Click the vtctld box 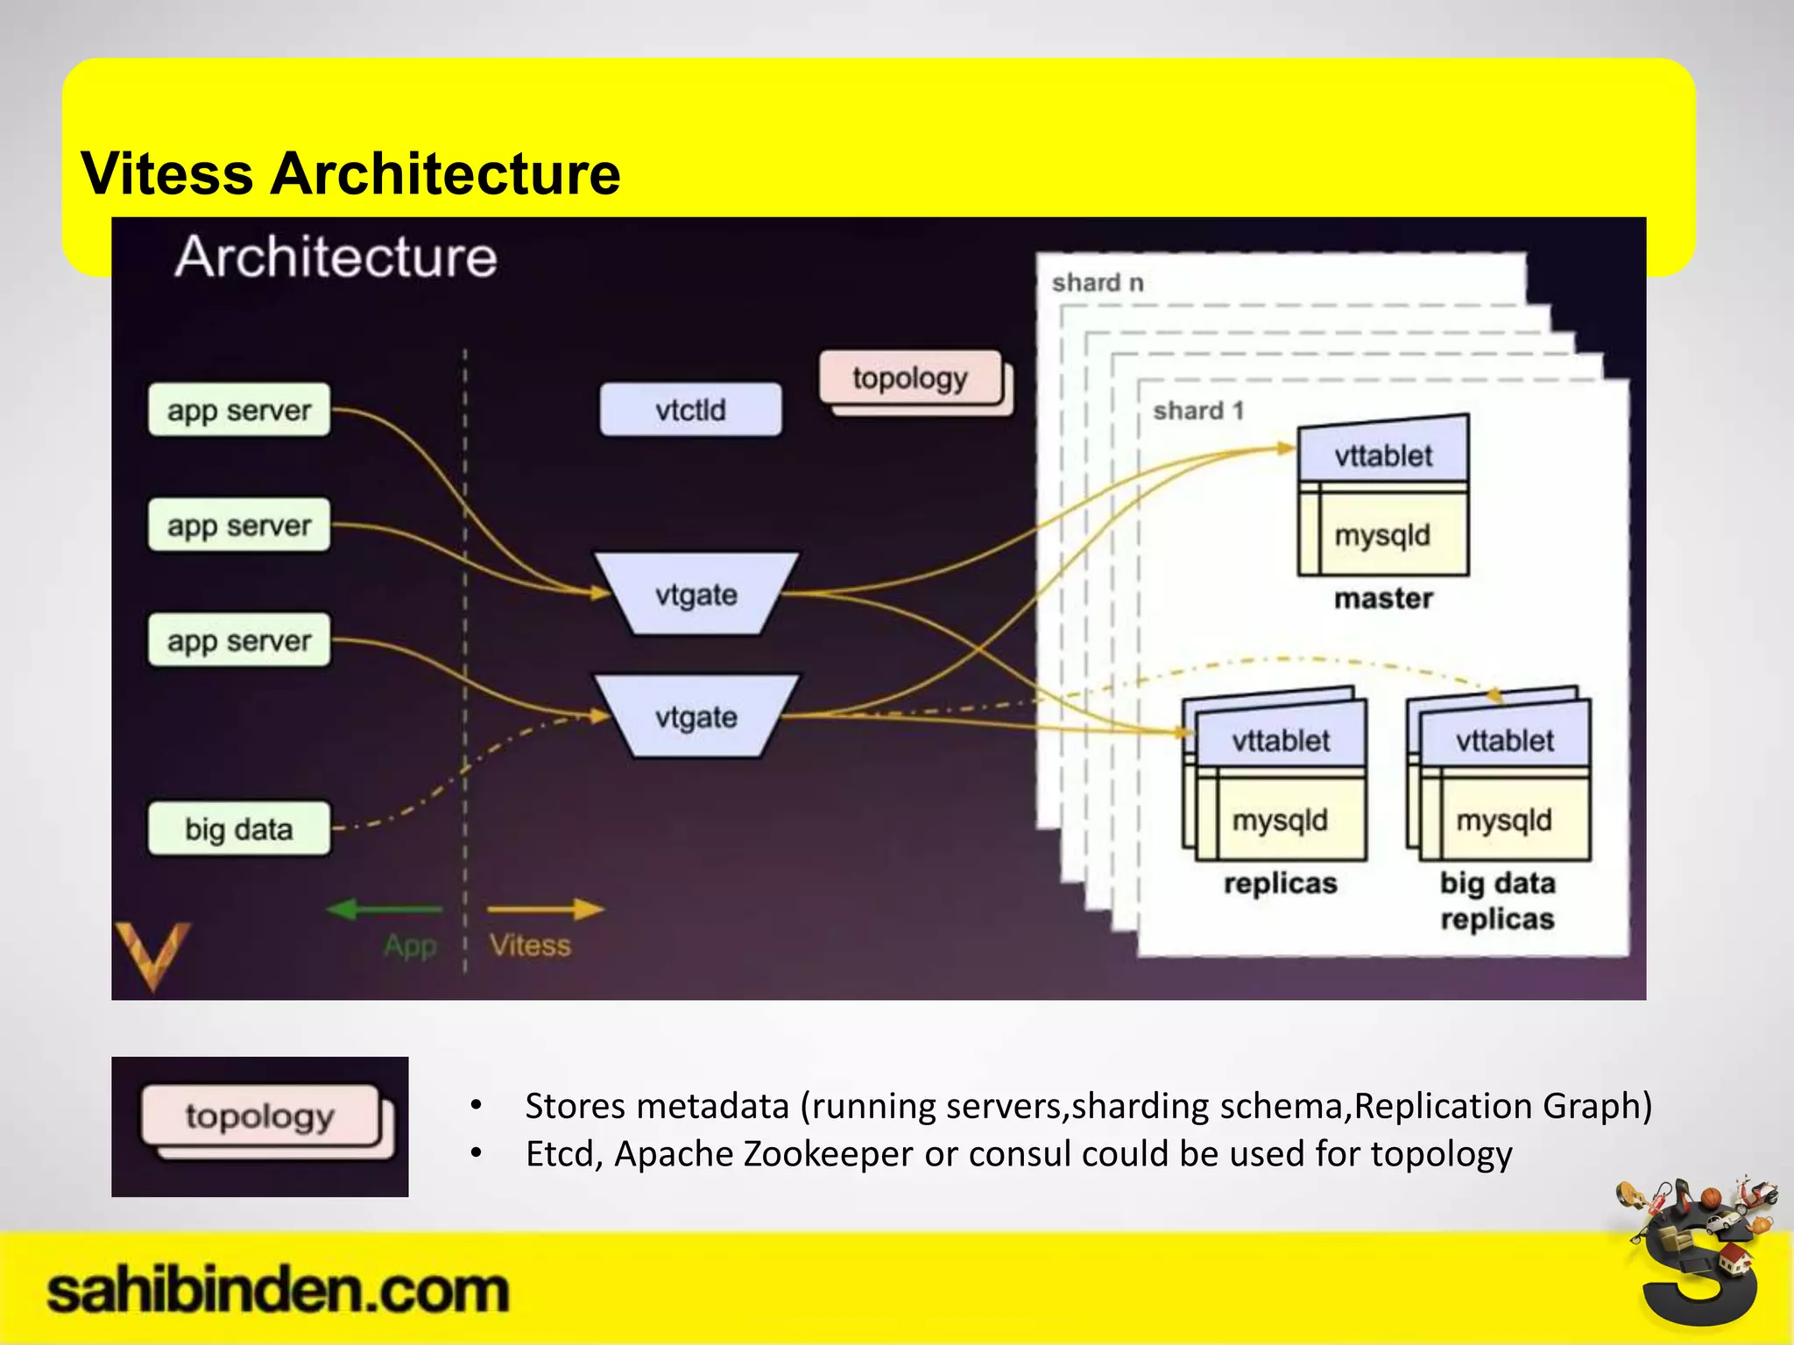point(690,410)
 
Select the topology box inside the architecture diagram point(910,378)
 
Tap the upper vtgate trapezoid point(696,595)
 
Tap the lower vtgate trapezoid point(696,717)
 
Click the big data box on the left point(239,828)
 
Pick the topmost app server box point(239,410)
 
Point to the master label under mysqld point(1383,599)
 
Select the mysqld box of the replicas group point(1280,820)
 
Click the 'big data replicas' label point(1497,900)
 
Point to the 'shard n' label point(1098,283)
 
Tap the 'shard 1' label point(1198,411)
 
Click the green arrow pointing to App point(384,910)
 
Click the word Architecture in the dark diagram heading point(335,257)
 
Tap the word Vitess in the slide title point(166,173)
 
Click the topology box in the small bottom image point(260,1116)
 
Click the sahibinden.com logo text point(277,1292)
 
